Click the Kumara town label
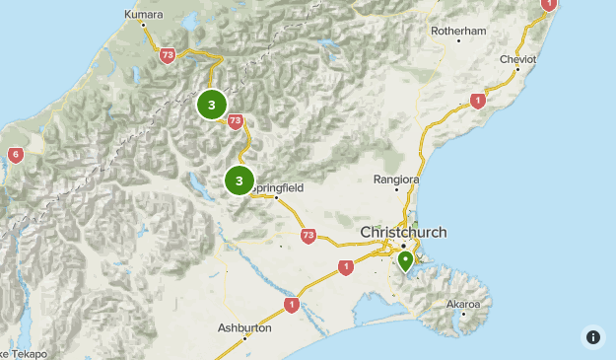tap(144, 15)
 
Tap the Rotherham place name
tap(459, 31)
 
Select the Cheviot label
tap(517, 59)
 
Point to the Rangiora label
tap(396, 180)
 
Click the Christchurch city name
tap(403, 232)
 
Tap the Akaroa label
tap(462, 303)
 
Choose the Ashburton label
tap(244, 326)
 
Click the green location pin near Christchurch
tap(405, 261)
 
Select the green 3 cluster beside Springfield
tap(239, 180)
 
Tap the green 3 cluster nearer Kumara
tap(211, 105)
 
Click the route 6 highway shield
tap(15, 155)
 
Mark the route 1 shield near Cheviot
tap(478, 101)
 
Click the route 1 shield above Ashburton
tap(291, 305)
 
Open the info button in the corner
tap(592, 336)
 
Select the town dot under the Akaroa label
tap(462, 315)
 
